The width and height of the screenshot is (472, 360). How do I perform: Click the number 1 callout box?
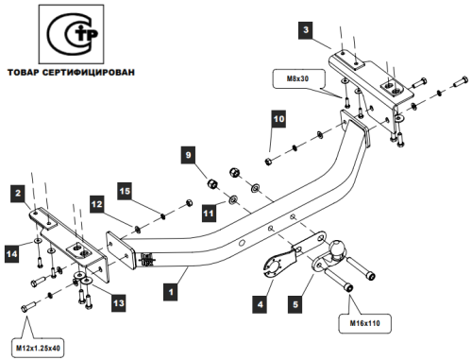click(x=171, y=292)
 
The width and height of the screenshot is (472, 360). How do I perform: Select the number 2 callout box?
click(x=18, y=193)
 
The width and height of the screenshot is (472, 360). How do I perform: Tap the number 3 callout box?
click(x=306, y=30)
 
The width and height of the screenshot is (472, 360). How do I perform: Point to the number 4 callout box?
click(x=260, y=304)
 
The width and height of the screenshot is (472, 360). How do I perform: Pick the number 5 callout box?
click(x=295, y=304)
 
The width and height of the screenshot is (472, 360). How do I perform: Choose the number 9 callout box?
click(x=188, y=155)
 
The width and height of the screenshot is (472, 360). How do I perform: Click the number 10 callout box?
click(x=278, y=119)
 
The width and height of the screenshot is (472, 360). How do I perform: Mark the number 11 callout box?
click(x=209, y=214)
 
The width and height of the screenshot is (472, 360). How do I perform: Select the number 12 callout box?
click(x=97, y=204)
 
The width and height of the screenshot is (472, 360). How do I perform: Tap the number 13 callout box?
click(x=119, y=303)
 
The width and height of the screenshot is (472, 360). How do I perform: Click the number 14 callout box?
click(x=12, y=254)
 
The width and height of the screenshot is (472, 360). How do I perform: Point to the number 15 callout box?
click(x=125, y=191)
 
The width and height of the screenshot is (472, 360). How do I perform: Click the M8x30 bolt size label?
click(x=297, y=78)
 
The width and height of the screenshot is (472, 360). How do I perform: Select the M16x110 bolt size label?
click(x=364, y=323)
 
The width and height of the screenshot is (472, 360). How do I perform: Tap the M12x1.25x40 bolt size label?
click(x=38, y=348)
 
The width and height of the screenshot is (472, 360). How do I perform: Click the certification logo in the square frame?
click(x=71, y=34)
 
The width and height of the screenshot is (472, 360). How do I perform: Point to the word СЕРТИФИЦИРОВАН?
click(x=88, y=73)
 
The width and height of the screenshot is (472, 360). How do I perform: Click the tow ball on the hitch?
click(x=337, y=248)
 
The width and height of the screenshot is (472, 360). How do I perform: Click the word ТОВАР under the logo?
click(x=24, y=73)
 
